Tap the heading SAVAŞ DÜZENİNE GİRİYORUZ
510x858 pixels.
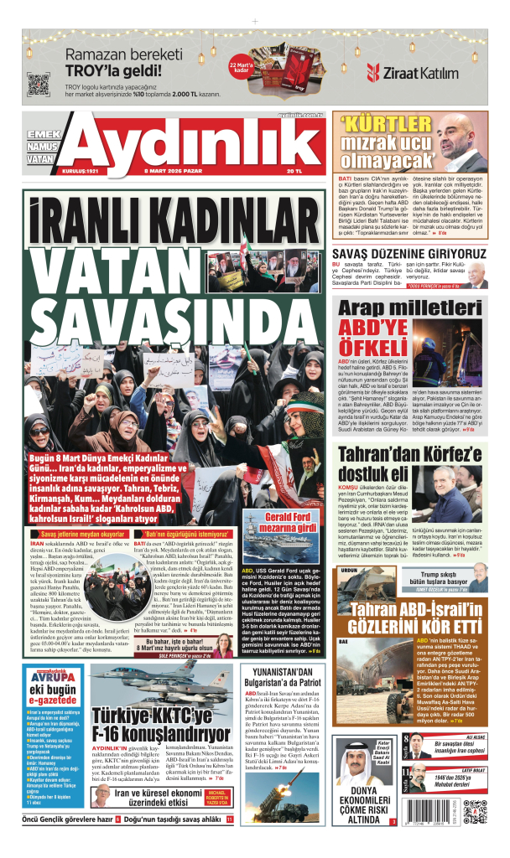(409, 253)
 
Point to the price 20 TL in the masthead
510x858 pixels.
(294, 172)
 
